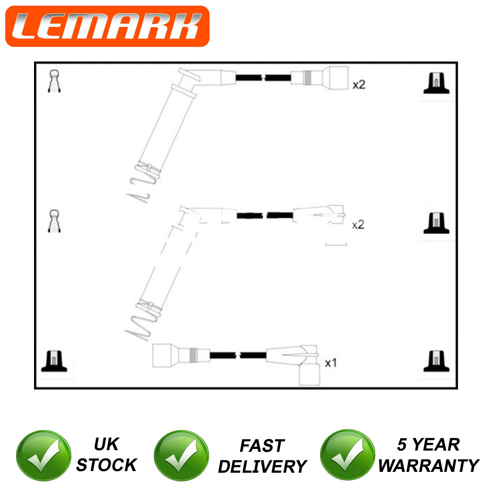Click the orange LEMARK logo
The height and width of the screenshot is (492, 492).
107,26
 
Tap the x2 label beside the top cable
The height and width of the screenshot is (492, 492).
359,85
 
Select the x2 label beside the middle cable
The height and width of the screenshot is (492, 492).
358,225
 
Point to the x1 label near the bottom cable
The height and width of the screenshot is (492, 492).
330,363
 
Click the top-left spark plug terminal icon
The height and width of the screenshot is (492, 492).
54,81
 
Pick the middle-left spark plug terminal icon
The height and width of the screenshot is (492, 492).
54,221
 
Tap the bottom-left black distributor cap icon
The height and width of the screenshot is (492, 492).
54,361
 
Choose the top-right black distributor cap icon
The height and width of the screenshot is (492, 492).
436,83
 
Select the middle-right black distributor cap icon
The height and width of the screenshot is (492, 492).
436,223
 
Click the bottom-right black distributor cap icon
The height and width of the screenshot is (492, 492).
436,361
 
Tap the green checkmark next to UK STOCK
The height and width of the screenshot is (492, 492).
43,456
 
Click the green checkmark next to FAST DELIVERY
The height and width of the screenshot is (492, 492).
182,456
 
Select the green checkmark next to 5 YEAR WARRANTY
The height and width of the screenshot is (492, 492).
348,455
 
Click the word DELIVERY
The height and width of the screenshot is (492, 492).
262,467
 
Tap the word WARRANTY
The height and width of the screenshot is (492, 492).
429,465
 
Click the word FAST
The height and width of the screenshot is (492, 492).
262,446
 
